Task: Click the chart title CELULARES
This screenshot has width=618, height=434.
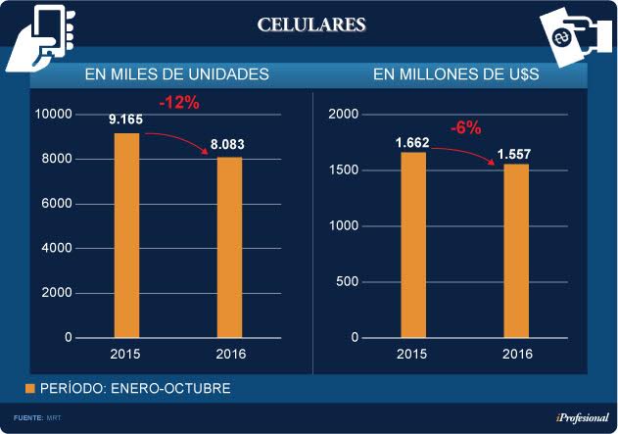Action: click(x=312, y=24)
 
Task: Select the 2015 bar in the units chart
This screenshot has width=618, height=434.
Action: click(x=126, y=235)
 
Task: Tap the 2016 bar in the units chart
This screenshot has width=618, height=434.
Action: click(x=228, y=247)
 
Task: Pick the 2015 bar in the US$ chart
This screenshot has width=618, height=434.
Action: click(x=412, y=245)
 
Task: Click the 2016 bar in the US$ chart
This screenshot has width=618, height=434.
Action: click(x=515, y=251)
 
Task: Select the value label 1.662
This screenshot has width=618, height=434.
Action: click(x=412, y=142)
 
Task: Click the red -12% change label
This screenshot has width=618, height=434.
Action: click(x=178, y=101)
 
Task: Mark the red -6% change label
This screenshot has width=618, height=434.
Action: click(x=465, y=127)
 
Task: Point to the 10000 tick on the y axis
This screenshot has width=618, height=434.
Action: click(x=55, y=115)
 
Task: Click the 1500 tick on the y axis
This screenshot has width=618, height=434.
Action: click(x=343, y=170)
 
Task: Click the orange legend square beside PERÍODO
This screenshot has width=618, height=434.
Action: click(x=30, y=389)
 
